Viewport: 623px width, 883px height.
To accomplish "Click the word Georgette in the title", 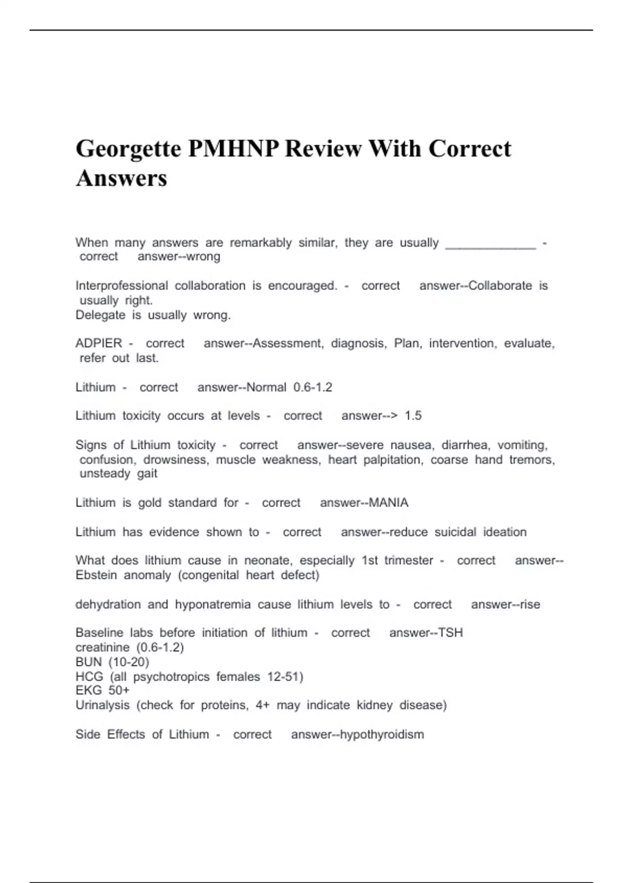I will [128, 149].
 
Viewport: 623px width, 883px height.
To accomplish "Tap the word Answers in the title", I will [121, 178].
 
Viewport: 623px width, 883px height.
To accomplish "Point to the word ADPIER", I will [99, 343].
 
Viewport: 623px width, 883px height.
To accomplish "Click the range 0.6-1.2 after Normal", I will [313, 387].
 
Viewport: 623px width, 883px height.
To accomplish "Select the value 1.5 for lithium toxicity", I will [413, 416].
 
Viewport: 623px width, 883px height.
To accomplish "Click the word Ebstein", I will [96, 576].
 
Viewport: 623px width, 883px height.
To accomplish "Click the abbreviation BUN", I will [89, 662].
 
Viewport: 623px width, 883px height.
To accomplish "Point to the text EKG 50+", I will [103, 691].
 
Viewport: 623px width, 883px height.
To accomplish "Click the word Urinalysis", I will [102, 705].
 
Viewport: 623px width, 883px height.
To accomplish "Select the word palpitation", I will [393, 460].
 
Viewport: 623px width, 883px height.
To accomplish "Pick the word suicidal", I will [455, 532].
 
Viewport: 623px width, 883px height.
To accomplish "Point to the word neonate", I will [268, 561].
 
